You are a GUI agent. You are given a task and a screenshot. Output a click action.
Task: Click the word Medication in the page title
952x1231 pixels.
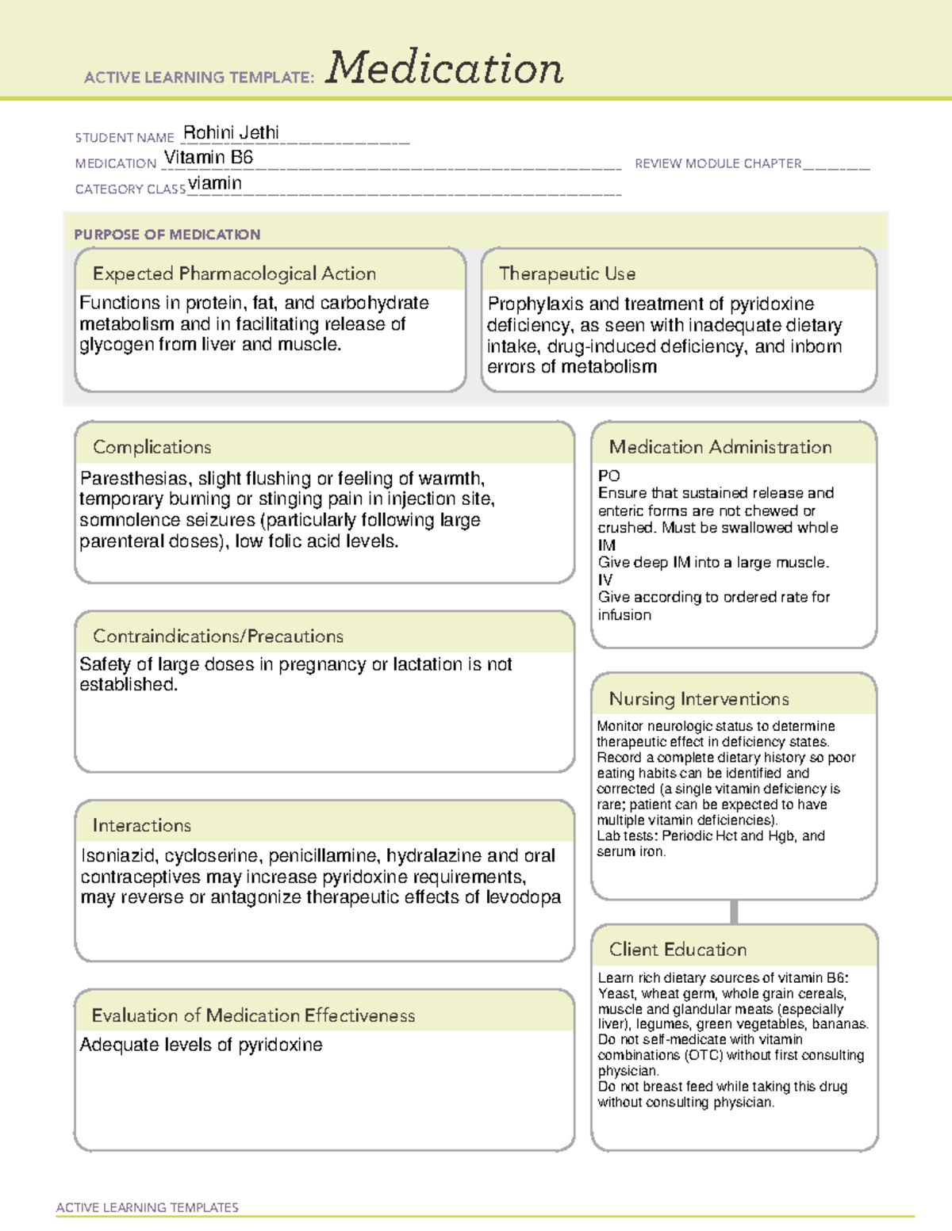coord(444,68)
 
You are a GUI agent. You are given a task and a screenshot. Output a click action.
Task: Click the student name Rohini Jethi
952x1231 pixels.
coord(231,132)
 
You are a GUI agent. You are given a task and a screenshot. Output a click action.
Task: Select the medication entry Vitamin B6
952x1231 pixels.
coord(209,158)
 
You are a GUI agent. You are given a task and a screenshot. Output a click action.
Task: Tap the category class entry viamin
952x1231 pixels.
coord(215,184)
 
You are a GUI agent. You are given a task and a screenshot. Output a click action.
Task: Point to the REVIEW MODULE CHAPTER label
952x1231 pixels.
coord(718,163)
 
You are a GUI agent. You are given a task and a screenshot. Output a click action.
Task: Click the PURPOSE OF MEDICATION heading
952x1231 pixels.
coord(167,235)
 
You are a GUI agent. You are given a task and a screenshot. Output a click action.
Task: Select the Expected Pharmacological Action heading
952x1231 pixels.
coord(234,273)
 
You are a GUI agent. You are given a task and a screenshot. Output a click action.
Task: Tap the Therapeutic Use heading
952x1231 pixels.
coord(567,273)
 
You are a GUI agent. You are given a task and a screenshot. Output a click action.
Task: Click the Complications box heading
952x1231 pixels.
coord(152,447)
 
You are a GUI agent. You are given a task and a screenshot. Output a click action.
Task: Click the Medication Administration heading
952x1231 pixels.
coord(720,447)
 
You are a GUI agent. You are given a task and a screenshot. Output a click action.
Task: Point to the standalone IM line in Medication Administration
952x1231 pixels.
coord(606,545)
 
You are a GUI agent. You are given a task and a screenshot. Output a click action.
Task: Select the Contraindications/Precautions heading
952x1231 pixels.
coord(218,636)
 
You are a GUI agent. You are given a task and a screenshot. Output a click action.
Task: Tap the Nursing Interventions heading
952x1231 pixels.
coord(699,699)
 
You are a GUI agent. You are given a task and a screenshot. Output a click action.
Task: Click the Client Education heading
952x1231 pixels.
coord(678,950)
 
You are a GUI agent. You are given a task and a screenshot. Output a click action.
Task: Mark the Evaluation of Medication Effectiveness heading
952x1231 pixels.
coord(253,1015)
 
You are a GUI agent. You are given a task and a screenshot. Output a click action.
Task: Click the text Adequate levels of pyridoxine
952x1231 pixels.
coord(201,1045)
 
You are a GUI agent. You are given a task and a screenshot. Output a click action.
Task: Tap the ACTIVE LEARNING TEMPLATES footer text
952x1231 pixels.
coord(148,1207)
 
